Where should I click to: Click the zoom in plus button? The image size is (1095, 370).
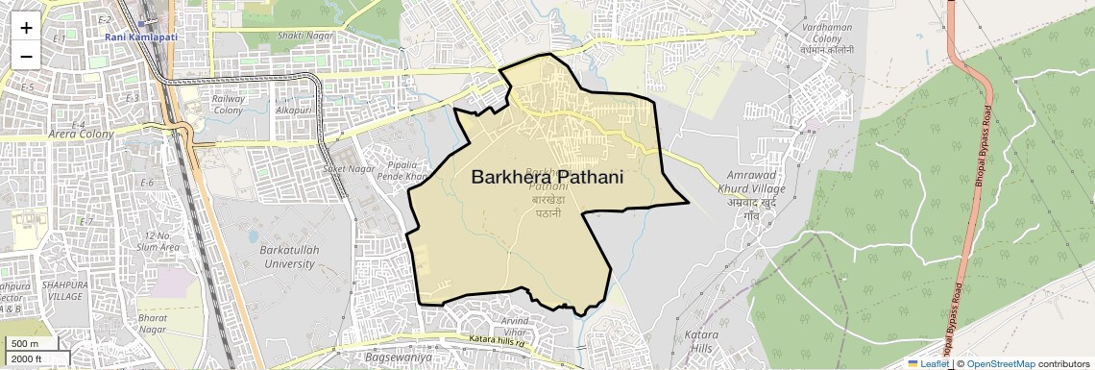pos(26,28)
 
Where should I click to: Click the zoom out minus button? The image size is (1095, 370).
pos(26,56)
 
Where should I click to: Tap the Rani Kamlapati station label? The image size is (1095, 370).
pos(141,37)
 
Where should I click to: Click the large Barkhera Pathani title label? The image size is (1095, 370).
pos(547,177)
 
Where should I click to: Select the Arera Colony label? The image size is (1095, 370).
pos(81,135)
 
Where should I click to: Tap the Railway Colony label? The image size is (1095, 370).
pos(228,104)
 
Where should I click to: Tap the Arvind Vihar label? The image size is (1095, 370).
pos(515,326)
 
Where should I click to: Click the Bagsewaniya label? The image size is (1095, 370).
pos(395,357)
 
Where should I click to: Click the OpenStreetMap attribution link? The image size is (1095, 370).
pos(1000,363)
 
